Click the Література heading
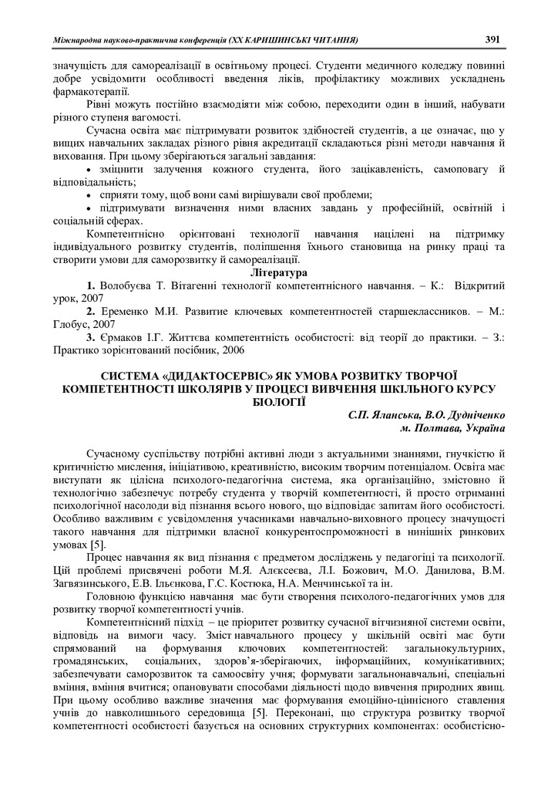pos(278,272)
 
